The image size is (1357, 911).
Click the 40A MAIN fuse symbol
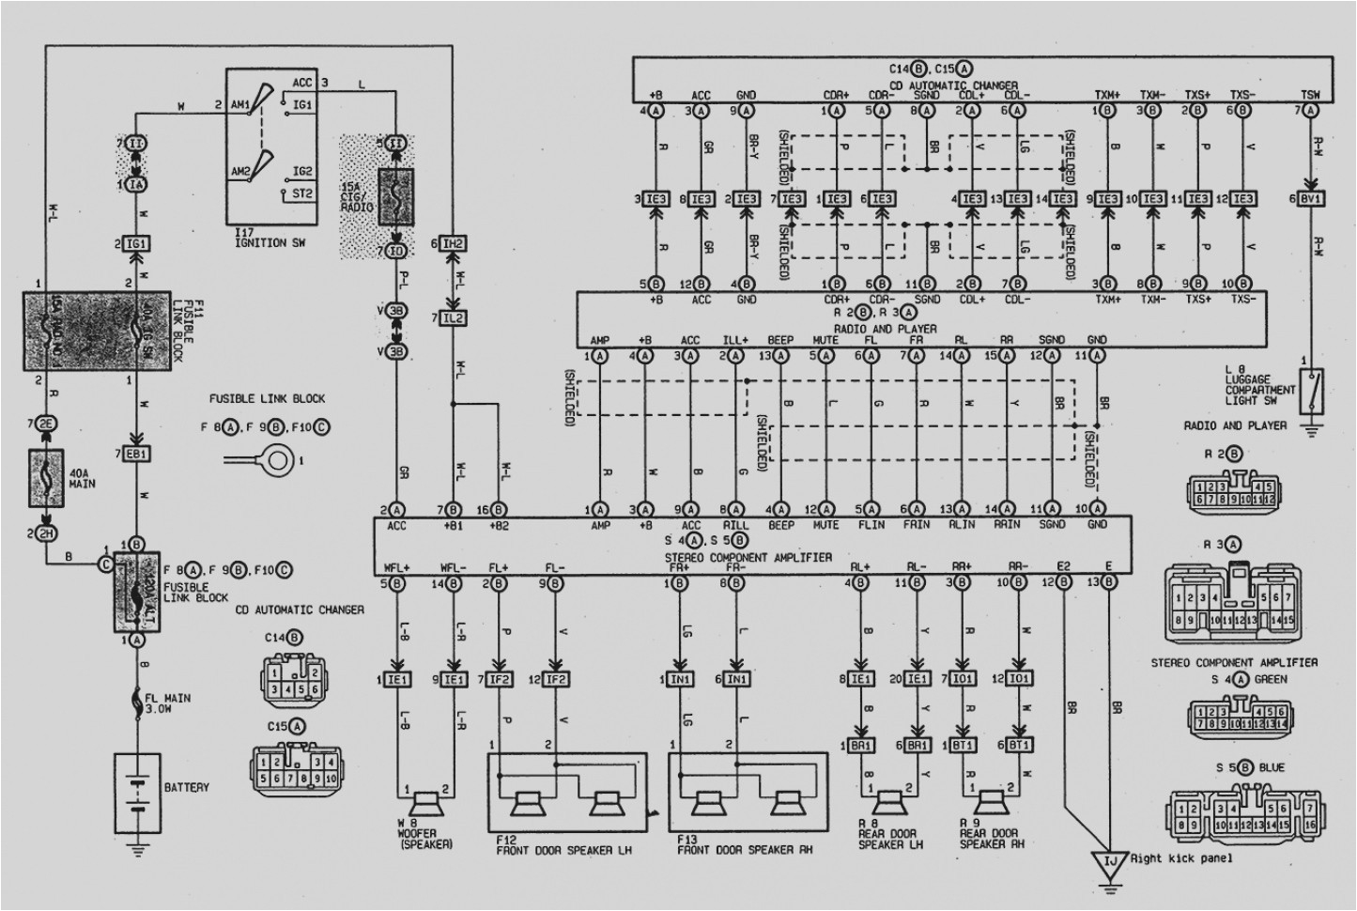46,474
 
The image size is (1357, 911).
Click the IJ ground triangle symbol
1111,860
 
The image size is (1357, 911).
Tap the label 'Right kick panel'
1180,857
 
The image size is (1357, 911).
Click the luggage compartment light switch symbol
1311,391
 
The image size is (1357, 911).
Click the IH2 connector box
454,244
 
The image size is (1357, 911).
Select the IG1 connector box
137,244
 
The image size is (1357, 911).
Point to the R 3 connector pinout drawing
1232,598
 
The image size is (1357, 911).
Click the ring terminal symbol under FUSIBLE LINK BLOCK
276,460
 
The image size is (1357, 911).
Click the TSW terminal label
1310,95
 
